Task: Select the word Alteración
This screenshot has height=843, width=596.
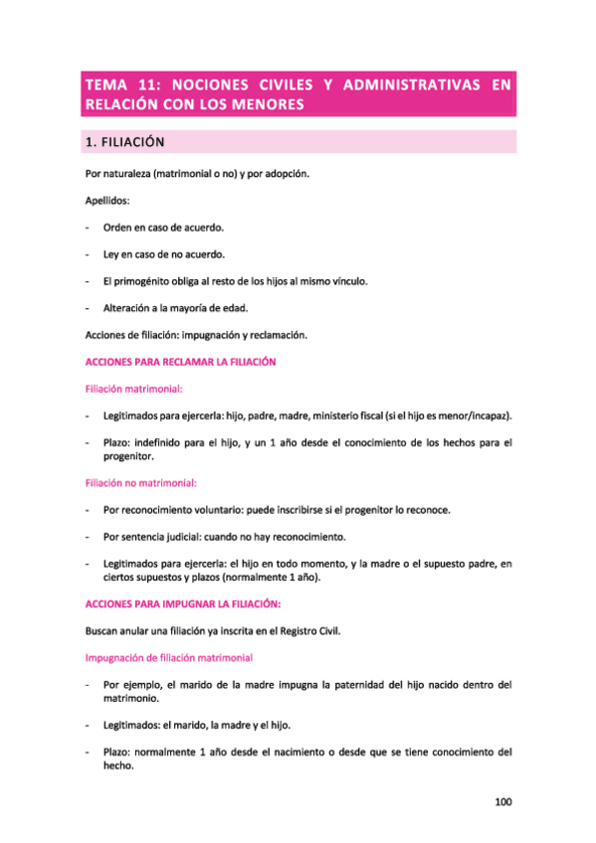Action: point(128,308)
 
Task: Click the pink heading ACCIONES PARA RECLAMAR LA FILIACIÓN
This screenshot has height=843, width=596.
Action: point(180,362)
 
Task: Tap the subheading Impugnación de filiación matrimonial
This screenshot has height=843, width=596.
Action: point(169,657)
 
